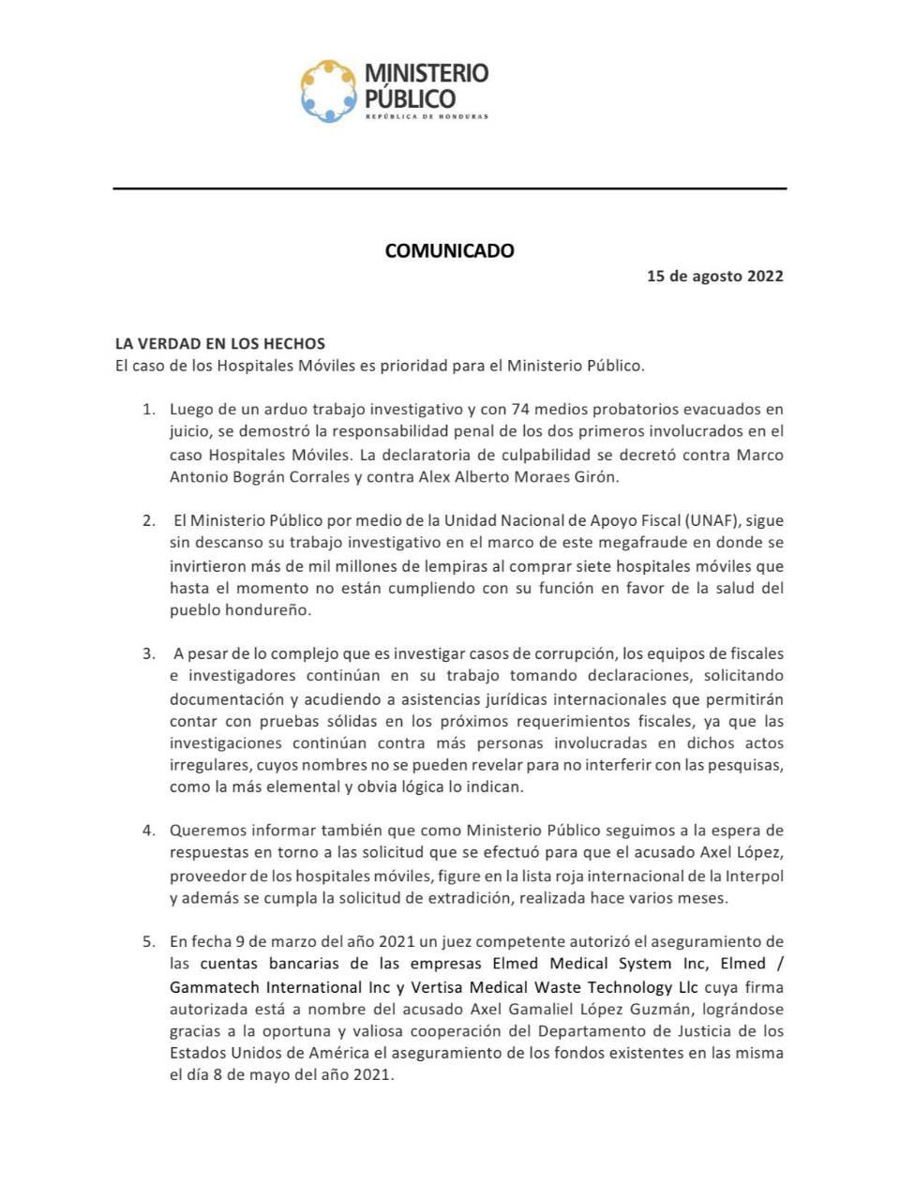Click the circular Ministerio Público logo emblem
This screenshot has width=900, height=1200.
(x=329, y=91)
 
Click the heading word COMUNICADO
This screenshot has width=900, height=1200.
(x=450, y=250)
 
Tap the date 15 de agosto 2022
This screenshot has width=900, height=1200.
(x=714, y=276)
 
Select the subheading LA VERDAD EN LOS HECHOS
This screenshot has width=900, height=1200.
(x=220, y=343)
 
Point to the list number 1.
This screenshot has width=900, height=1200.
(x=148, y=410)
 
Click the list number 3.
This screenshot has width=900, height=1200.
(x=148, y=653)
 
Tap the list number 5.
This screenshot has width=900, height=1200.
(x=148, y=941)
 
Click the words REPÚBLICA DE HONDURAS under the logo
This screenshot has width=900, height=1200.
(x=427, y=117)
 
